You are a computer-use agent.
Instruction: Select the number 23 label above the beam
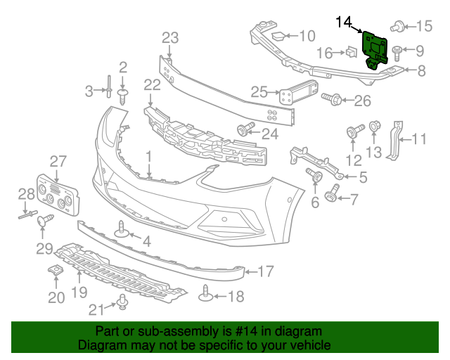170,37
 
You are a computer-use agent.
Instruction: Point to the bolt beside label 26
333,101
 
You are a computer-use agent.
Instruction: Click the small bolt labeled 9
397,51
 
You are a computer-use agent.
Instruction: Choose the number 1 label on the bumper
148,155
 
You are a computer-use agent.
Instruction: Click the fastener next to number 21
122,302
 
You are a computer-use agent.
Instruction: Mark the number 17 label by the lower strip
265,271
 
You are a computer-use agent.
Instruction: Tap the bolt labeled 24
245,129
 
